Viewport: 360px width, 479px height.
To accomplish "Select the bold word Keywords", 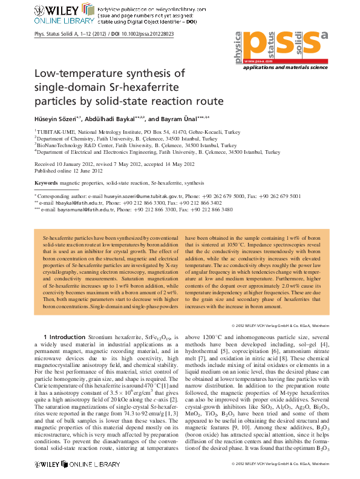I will pos(46,182).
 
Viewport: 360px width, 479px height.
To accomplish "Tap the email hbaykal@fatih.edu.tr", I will pos(68,203).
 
